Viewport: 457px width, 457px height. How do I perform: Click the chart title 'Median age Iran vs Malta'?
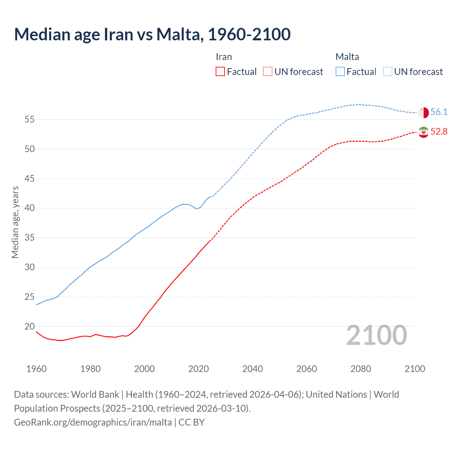pyautogui.click(x=152, y=34)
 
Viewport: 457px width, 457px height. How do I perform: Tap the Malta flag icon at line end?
pyautogui.click(x=423, y=112)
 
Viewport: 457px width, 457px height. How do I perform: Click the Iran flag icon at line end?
pyautogui.click(x=423, y=132)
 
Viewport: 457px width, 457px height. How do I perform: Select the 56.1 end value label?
pyautogui.click(x=439, y=112)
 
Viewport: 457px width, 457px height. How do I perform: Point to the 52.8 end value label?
pyautogui.click(x=439, y=132)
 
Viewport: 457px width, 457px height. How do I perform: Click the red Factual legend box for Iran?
pyautogui.click(x=220, y=72)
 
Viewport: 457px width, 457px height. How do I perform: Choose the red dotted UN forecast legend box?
pyautogui.click(x=268, y=72)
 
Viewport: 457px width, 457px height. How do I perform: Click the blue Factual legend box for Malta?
pyautogui.click(x=340, y=72)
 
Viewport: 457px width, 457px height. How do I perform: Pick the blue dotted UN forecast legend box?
pyautogui.click(x=388, y=72)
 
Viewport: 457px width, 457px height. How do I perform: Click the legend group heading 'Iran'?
pyautogui.click(x=224, y=57)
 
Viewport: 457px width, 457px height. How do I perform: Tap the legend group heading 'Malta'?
pyautogui.click(x=347, y=57)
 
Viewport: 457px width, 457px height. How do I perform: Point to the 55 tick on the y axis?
pyautogui.click(x=30, y=120)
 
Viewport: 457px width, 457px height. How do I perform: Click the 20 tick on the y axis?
pyautogui.click(x=30, y=326)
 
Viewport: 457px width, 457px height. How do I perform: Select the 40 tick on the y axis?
pyautogui.click(x=30, y=208)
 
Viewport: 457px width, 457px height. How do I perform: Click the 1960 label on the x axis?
pyautogui.click(x=36, y=369)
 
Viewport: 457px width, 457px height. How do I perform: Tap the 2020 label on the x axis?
pyautogui.click(x=199, y=369)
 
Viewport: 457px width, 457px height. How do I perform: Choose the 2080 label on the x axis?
pyautogui.click(x=361, y=369)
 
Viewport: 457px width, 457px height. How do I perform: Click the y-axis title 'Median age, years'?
pyautogui.click(x=15, y=222)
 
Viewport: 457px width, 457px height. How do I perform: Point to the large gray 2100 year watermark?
pyautogui.click(x=377, y=335)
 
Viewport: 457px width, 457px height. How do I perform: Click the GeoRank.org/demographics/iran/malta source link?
pyautogui.click(x=93, y=422)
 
